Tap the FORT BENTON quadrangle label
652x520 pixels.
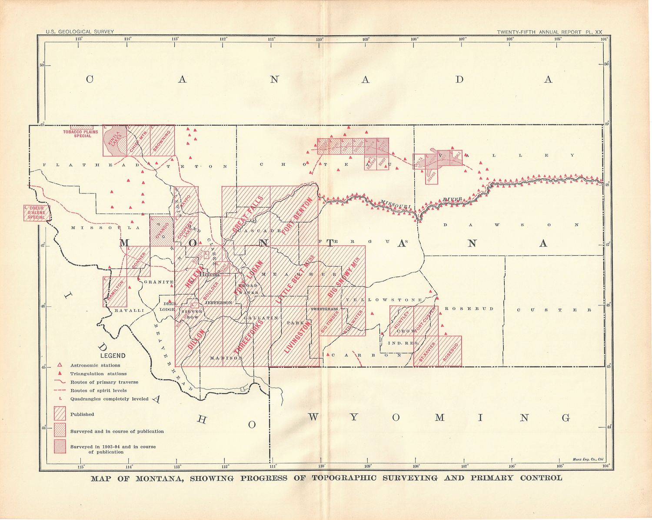pos(297,217)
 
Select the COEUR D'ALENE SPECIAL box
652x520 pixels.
pos(37,213)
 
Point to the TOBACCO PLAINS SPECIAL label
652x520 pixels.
pos(80,133)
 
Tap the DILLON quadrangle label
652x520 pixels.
pos(196,340)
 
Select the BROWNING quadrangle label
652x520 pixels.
pos(163,140)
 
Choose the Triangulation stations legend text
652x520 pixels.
pos(98,373)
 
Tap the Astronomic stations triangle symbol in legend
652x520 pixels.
pos(60,365)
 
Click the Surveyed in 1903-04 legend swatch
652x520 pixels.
pos(60,447)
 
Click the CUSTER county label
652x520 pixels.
pos(553,310)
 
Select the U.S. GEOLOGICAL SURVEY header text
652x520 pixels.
pos(80,32)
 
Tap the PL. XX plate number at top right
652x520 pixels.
pos(593,32)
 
